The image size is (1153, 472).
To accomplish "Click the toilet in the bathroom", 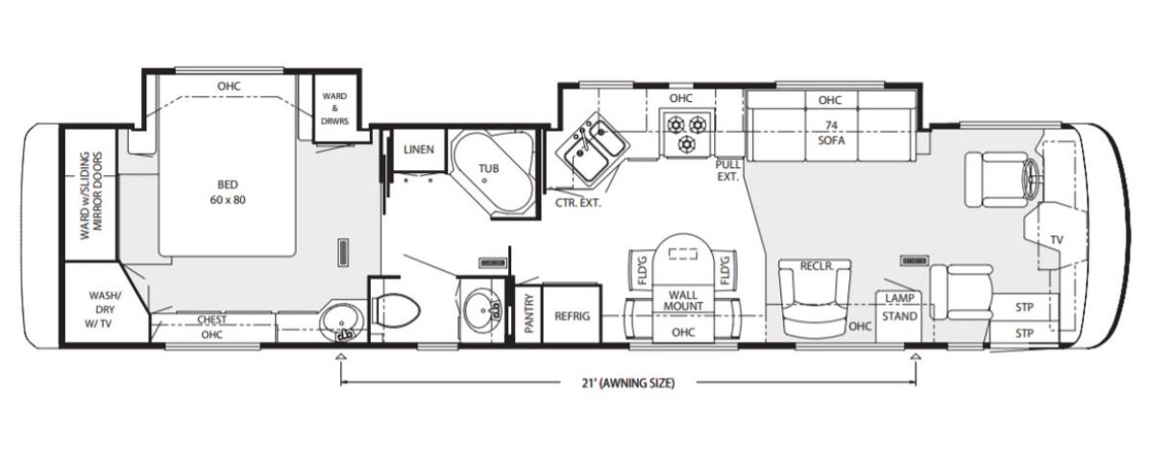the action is [x=395, y=311].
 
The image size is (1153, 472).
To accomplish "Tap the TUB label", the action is [x=488, y=168].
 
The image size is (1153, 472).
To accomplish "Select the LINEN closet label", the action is [x=419, y=150].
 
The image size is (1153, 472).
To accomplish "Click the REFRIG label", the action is [x=572, y=316].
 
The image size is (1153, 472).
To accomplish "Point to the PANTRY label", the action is [x=529, y=313].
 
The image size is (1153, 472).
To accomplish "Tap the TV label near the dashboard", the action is [x=1057, y=240].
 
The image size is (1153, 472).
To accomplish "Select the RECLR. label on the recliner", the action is [x=817, y=266].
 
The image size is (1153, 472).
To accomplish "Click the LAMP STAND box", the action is [x=899, y=316].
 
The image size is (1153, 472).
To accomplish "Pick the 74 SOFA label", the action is [x=831, y=133].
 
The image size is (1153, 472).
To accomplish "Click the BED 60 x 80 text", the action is [x=228, y=192].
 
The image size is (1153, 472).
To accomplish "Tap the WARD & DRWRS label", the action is [x=334, y=109].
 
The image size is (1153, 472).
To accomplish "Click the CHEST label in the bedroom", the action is [x=211, y=320].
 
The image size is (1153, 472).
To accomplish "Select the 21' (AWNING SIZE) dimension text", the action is [x=628, y=383].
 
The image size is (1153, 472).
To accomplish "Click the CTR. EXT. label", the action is [x=577, y=203].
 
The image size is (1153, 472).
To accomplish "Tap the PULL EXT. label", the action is [x=728, y=170].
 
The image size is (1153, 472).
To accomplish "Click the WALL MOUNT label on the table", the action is [x=682, y=301].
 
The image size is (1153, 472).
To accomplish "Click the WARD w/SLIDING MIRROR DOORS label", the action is [x=91, y=195].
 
